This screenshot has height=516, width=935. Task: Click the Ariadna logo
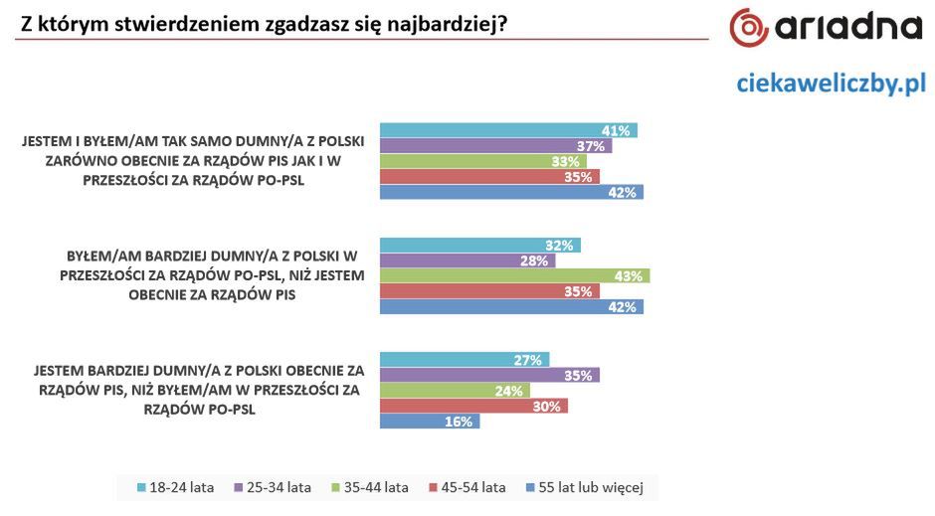pyautogui.click(x=827, y=29)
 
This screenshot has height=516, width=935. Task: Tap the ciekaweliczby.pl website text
pyautogui.click(x=831, y=85)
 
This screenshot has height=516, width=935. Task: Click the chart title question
pyautogui.click(x=262, y=20)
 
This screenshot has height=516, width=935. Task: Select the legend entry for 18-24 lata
pyautogui.click(x=176, y=487)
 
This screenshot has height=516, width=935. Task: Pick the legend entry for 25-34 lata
pyautogui.click(x=274, y=487)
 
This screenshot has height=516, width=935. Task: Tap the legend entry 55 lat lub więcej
pyautogui.click(x=587, y=487)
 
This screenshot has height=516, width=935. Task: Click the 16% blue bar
pyautogui.click(x=430, y=422)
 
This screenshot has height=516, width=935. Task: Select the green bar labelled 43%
pyautogui.click(x=514, y=275)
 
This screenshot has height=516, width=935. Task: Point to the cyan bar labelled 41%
pyautogui.click(x=508, y=130)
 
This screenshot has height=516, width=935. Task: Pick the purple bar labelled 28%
pyautogui.click(x=467, y=260)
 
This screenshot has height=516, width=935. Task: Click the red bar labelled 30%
pyautogui.click(x=473, y=406)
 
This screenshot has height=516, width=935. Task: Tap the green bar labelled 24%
pyautogui.click(x=455, y=391)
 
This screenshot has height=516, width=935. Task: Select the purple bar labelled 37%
pyautogui.click(x=495, y=145)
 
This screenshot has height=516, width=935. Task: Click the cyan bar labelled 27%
pyautogui.click(x=465, y=360)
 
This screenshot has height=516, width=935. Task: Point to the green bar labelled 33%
pyautogui.click(x=483, y=161)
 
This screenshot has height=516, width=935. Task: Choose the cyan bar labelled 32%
pyautogui.click(x=479, y=245)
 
